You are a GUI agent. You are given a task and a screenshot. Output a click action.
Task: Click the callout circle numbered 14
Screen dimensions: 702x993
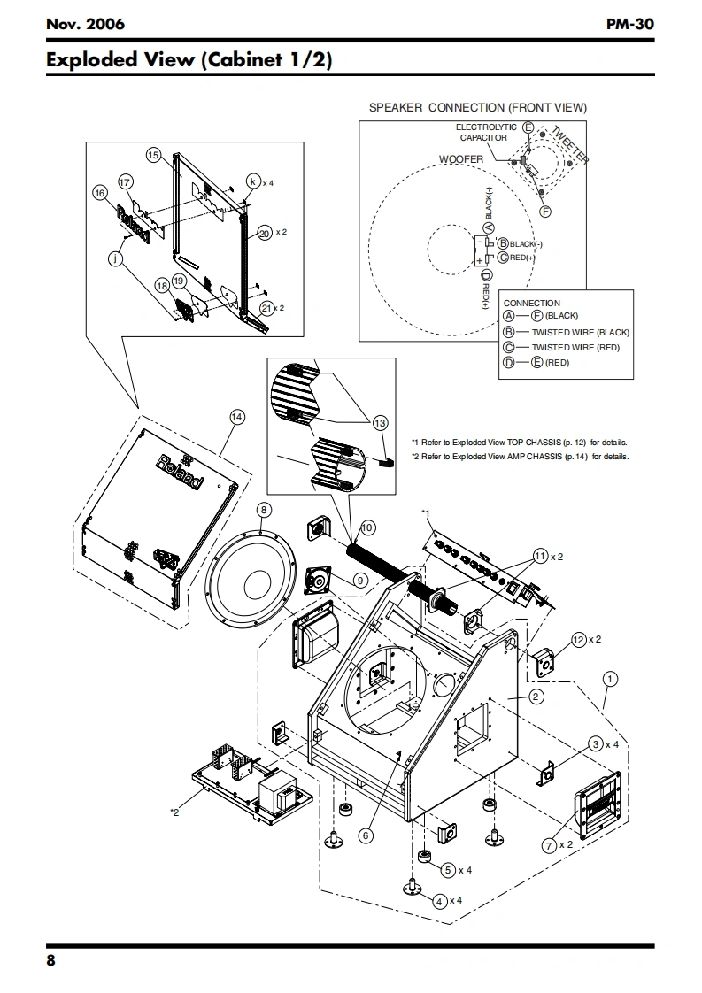point(236,417)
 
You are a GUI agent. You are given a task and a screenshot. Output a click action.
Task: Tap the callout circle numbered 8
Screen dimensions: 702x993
point(264,510)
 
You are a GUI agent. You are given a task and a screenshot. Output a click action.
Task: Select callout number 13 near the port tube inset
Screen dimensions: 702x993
point(380,423)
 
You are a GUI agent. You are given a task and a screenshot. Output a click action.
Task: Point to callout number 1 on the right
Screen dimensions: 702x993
point(610,680)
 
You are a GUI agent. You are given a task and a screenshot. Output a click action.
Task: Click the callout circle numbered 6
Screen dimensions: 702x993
point(366,836)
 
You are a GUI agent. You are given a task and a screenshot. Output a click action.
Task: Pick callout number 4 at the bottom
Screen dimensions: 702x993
point(440,901)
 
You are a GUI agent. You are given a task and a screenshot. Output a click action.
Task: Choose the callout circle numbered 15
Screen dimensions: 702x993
point(153,155)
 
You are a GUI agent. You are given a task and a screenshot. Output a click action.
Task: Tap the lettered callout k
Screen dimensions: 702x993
point(253,181)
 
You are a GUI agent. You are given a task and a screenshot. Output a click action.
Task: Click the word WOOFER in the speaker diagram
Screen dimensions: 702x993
point(461,159)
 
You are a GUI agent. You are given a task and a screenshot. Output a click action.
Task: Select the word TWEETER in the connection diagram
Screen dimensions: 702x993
point(570,143)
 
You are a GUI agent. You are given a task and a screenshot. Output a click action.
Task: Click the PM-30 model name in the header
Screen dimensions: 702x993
point(629,24)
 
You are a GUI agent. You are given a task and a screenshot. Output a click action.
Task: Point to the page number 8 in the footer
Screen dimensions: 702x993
point(50,960)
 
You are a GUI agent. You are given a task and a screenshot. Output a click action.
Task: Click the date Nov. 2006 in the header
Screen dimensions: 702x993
point(85,24)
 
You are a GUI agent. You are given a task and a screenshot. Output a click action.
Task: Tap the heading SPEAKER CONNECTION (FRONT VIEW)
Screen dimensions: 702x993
point(478,108)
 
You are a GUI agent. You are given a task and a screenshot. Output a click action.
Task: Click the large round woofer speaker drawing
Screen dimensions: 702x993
point(251,580)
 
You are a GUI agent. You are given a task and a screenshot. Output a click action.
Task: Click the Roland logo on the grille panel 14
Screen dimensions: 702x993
point(181,473)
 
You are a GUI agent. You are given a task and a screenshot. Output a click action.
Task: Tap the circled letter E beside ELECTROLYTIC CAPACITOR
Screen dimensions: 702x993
point(528,127)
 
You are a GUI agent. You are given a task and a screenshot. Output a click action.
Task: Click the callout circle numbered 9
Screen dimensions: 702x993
point(360,580)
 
